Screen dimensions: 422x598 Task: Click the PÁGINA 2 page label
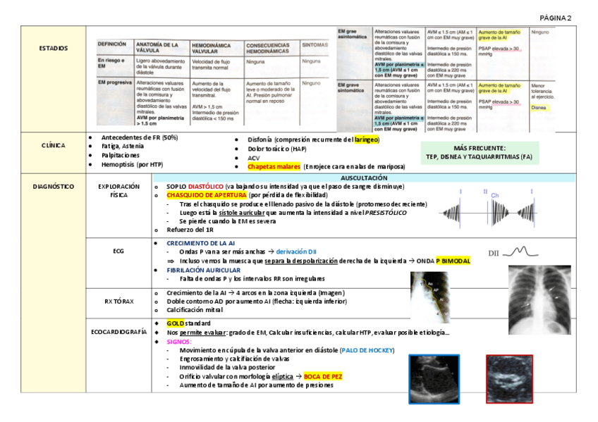556,18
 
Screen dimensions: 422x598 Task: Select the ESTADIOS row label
54,49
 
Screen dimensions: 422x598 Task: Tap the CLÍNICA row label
54,146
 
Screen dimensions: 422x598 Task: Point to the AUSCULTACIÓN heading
364,178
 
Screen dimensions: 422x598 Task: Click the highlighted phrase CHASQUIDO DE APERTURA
206,195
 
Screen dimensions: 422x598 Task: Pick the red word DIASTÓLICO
205,187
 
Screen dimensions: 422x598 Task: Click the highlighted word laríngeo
367,139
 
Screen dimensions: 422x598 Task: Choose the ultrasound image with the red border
508,378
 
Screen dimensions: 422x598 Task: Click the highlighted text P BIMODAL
453,261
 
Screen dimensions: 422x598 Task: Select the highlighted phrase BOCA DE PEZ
322,377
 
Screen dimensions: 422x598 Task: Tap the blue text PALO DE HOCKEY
367,350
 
